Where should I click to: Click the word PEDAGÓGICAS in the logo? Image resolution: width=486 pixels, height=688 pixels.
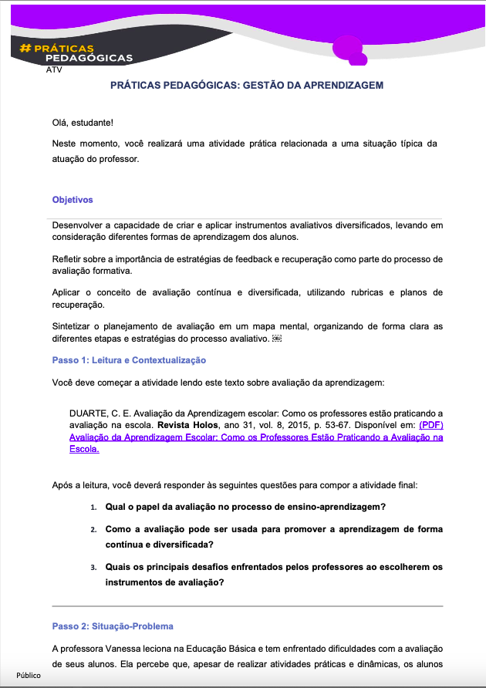(x=89, y=59)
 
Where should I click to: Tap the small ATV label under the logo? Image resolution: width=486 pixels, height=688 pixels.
(x=54, y=69)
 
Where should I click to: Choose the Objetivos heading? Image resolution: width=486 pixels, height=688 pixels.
(x=73, y=200)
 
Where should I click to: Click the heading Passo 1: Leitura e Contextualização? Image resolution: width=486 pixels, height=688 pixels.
(x=129, y=360)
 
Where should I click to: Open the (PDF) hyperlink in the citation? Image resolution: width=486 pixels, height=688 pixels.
(x=431, y=425)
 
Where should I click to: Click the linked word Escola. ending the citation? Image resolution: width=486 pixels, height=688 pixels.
(x=85, y=450)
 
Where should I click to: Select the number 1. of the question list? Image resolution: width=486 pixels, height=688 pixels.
(x=93, y=508)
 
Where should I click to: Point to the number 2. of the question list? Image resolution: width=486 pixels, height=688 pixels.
(x=93, y=531)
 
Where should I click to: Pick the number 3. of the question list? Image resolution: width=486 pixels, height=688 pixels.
(x=93, y=567)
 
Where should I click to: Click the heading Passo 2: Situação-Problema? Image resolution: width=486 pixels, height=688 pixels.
(x=113, y=626)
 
